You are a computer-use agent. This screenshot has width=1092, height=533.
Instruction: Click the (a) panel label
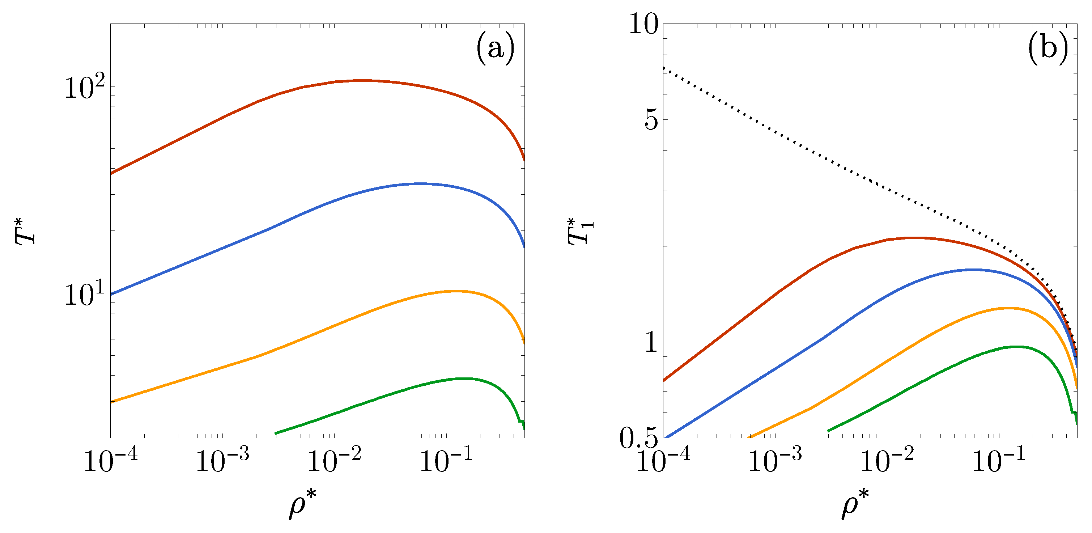[x=496, y=49]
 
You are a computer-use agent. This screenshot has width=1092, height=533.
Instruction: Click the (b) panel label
[x=1048, y=49]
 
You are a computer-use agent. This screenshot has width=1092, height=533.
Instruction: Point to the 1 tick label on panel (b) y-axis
[x=651, y=342]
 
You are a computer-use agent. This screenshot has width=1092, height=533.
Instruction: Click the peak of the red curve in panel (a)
[x=362, y=80]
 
